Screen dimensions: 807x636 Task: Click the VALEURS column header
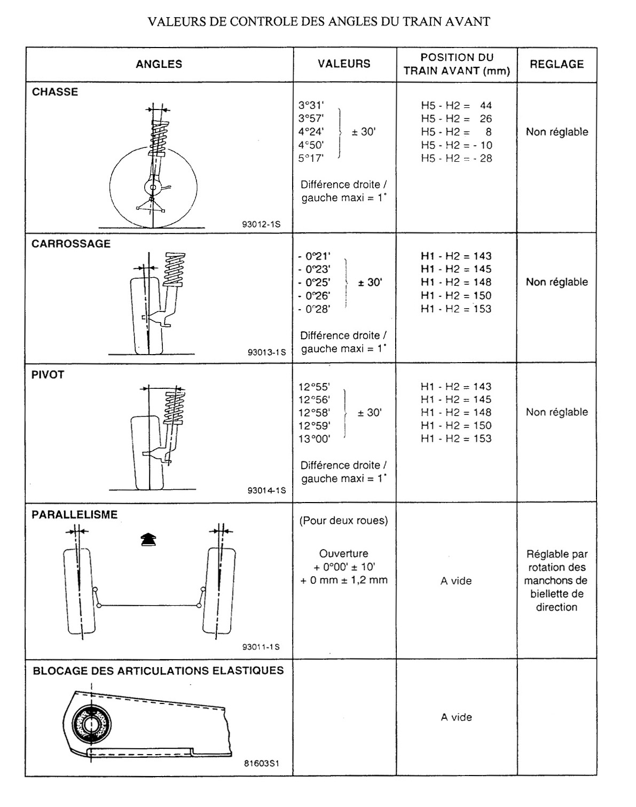click(344, 64)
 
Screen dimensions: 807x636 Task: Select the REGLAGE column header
click(556, 64)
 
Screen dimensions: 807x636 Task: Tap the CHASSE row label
click(55, 92)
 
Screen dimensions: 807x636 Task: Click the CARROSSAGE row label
click(71, 244)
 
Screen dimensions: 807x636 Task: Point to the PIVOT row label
click(48, 375)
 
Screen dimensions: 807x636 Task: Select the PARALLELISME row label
click(75, 515)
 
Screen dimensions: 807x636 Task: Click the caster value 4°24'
click(311, 132)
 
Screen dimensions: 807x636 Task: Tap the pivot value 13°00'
click(315, 439)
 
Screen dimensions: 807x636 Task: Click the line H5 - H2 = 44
click(457, 106)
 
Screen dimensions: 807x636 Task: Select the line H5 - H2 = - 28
click(457, 159)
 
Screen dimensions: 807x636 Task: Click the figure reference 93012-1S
click(261, 225)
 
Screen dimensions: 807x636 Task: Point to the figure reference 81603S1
click(262, 764)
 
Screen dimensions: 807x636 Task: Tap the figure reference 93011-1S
click(261, 647)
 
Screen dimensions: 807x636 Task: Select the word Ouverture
click(344, 554)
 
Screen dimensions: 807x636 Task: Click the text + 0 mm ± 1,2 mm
click(344, 581)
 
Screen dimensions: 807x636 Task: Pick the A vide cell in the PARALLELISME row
click(456, 581)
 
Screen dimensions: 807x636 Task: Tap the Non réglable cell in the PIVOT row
click(556, 412)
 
